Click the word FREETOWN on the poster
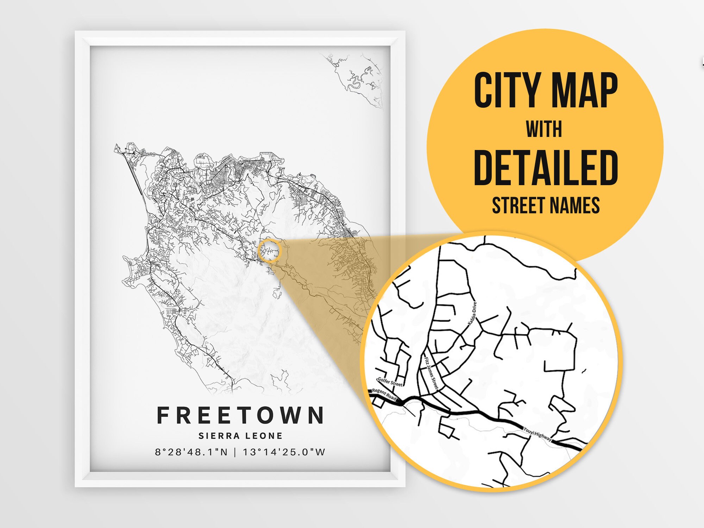click(240, 415)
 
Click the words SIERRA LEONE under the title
click(240, 436)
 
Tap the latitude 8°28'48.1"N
click(191, 452)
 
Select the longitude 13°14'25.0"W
click(284, 452)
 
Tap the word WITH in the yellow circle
click(544, 130)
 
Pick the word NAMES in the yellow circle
click(575, 206)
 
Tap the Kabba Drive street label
click(472, 313)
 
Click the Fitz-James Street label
click(431, 373)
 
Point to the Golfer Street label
click(390, 382)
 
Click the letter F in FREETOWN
click(163, 415)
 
